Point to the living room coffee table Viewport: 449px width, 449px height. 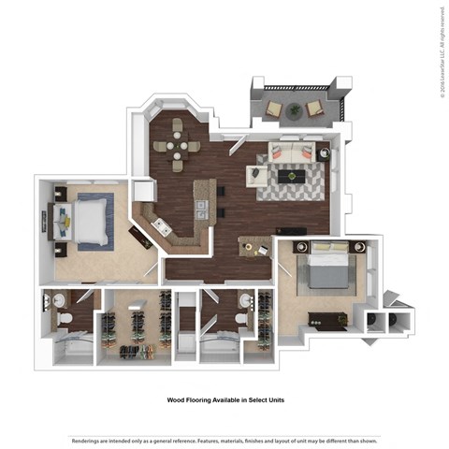pos(295,175)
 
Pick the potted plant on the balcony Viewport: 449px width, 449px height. pos(296,110)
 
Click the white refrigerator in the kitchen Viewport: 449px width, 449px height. pos(143,191)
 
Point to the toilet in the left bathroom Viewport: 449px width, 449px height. pos(63,318)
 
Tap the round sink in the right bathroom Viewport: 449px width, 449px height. pos(245,300)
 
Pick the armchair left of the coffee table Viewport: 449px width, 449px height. pos(255,174)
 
